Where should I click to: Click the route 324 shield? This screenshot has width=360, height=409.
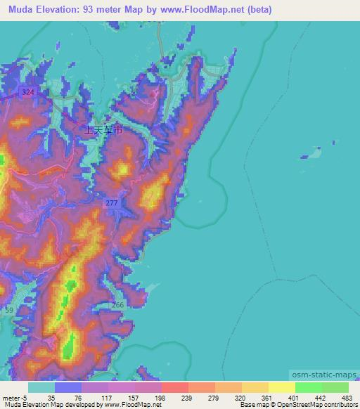point(27,93)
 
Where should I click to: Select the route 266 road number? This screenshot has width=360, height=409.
point(117,304)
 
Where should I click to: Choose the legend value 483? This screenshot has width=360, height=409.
point(340,397)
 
